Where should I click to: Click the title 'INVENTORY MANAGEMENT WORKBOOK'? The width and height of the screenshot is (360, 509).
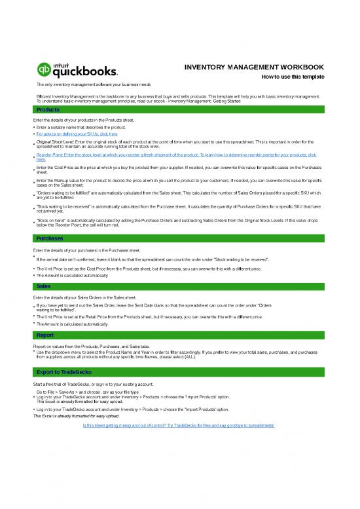[x=254, y=67]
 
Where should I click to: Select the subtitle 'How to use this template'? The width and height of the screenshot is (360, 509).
[x=293, y=77]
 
